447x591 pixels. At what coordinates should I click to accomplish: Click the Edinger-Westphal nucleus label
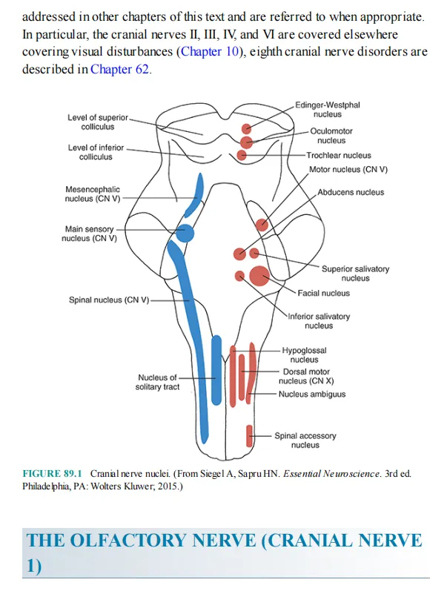[x=327, y=109]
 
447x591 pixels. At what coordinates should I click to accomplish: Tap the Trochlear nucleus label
[x=339, y=155]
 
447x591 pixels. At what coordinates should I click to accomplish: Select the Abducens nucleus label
[x=351, y=192]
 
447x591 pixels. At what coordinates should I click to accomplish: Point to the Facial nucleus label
[x=323, y=293]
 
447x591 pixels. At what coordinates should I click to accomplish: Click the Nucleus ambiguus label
[x=312, y=394]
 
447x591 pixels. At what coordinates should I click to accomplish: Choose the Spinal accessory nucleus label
[x=305, y=440]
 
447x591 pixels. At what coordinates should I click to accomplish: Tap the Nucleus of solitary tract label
[x=157, y=382]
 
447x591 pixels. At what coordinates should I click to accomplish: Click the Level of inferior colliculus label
[x=96, y=152]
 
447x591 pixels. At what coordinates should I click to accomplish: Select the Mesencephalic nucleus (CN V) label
[x=93, y=194]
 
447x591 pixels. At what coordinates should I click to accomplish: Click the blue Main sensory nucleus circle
[x=185, y=234]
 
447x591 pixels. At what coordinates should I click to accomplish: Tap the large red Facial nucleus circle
[x=259, y=276]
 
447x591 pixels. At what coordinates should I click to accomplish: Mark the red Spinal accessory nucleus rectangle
[x=249, y=436]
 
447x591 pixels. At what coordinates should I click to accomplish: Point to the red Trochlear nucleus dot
[x=241, y=155]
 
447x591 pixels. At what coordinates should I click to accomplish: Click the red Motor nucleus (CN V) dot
[x=262, y=225]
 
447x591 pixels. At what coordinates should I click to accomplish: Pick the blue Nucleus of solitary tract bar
[x=216, y=370]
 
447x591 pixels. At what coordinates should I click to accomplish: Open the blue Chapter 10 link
[x=210, y=51]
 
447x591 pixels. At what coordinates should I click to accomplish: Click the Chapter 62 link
[x=119, y=69]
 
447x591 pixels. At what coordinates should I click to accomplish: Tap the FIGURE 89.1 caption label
[x=52, y=473]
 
